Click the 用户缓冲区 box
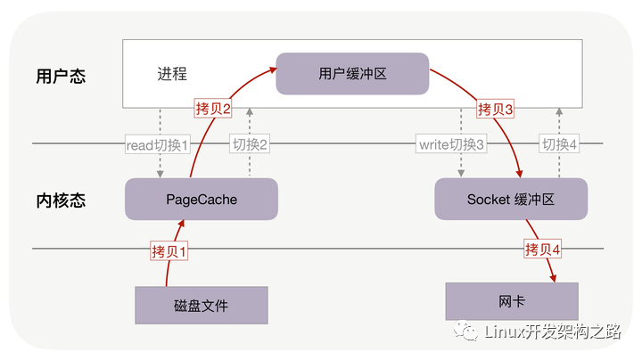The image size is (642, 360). point(352,74)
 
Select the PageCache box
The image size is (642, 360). point(202,199)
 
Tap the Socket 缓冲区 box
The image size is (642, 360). point(511,199)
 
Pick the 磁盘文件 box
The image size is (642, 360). point(202,306)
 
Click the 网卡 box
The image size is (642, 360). point(511,302)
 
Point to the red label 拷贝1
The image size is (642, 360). point(170,251)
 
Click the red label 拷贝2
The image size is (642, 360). point(213,110)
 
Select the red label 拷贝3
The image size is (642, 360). point(496,110)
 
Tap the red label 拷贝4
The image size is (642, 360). point(543,250)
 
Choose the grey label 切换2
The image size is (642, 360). point(250,143)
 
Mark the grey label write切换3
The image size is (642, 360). point(451,143)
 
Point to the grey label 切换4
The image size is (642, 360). point(560,143)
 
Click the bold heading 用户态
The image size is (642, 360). point(62,76)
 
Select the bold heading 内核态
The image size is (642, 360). point(62,200)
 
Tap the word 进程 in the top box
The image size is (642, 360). point(172,74)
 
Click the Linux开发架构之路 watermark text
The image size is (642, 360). point(552,331)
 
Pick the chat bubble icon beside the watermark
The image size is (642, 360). point(467,331)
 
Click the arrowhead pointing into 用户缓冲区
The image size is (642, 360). point(272,65)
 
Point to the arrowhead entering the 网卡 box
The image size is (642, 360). point(553,280)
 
